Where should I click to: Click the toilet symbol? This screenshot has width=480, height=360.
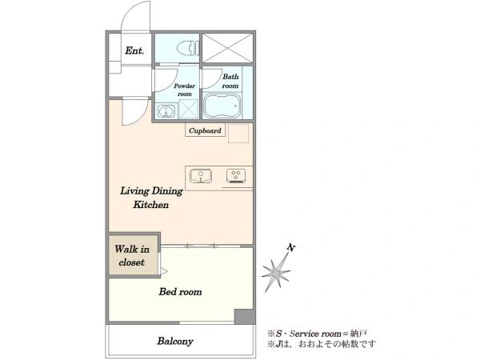click(x=188, y=48)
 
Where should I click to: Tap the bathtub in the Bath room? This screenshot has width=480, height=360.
click(x=222, y=106)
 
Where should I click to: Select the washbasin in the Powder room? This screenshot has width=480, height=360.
click(x=166, y=111)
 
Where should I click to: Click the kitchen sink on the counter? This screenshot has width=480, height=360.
click(x=201, y=176)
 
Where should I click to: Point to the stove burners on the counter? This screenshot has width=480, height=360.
click(x=236, y=176)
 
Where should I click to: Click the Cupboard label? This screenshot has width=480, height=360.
click(x=205, y=130)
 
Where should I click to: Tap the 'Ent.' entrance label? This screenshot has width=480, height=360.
click(x=134, y=50)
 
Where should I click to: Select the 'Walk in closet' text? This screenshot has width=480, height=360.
click(x=132, y=255)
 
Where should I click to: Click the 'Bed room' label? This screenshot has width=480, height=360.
click(x=180, y=292)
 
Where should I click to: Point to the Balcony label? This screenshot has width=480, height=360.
click(x=175, y=341)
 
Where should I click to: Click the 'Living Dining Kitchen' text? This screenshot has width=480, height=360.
click(x=151, y=198)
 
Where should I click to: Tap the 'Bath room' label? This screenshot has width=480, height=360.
click(x=230, y=81)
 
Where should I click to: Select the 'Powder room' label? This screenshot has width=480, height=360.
click(x=184, y=90)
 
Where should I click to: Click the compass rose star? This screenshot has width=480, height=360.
click(x=276, y=272)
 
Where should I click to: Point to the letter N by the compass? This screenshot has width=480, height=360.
click(x=291, y=248)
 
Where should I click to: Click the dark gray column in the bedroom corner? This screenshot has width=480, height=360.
click(x=245, y=317)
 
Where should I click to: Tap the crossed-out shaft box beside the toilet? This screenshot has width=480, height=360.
click(x=228, y=48)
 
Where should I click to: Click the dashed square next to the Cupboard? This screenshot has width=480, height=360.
click(x=238, y=133)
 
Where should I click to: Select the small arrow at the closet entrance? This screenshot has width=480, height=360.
click(x=164, y=271)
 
